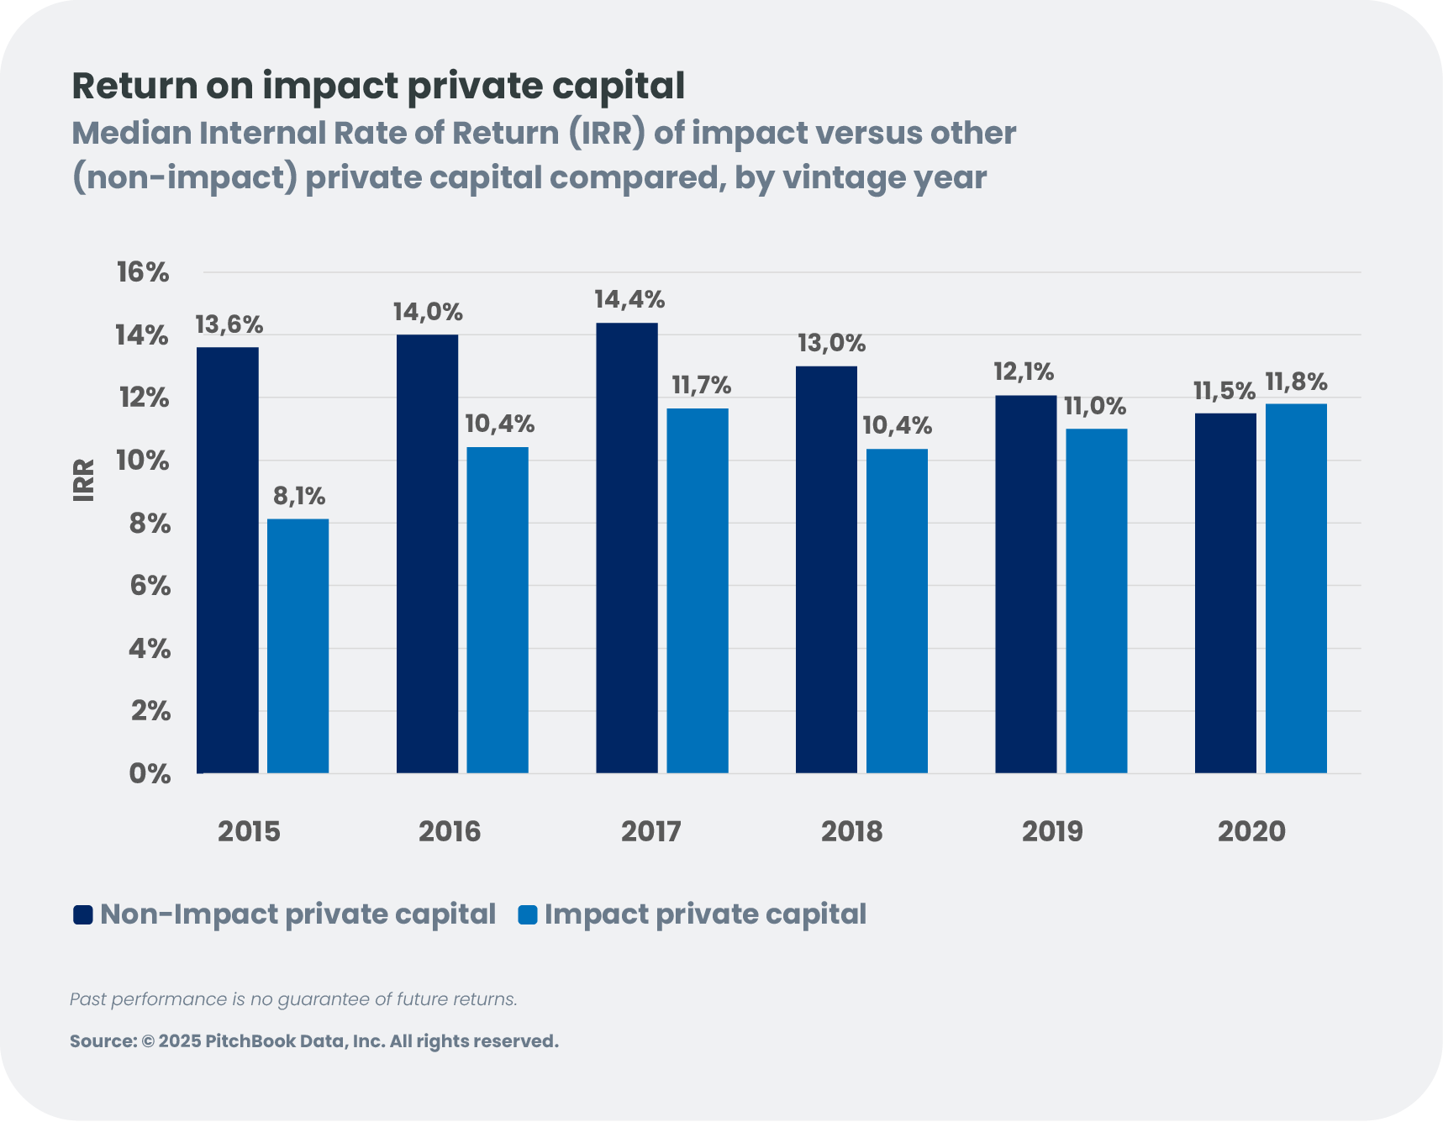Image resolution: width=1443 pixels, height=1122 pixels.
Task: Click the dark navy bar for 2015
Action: [228, 560]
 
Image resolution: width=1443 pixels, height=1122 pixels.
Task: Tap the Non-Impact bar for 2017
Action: [627, 547]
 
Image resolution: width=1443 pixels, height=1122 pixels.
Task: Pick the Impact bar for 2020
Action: [1296, 588]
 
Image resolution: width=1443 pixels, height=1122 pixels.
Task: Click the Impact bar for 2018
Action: [897, 611]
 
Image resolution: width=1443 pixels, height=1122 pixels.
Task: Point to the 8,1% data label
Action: [299, 497]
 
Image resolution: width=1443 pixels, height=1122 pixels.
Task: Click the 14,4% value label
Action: [629, 300]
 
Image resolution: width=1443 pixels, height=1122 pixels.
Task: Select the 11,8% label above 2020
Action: [1296, 383]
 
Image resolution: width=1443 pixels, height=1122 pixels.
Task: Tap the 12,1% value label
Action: [1024, 371]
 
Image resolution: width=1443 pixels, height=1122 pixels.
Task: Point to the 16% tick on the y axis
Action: [143, 272]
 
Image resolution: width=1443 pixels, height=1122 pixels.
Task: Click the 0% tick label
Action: [150, 773]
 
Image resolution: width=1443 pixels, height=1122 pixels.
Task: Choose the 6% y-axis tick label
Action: [150, 586]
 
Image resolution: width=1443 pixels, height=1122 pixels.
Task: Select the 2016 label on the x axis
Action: [450, 831]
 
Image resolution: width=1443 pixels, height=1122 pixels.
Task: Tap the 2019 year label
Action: [1052, 831]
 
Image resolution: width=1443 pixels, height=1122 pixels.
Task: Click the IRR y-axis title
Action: [84, 480]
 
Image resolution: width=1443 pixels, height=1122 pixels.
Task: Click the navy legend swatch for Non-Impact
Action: [82, 914]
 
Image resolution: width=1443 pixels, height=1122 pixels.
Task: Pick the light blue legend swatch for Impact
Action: [528, 914]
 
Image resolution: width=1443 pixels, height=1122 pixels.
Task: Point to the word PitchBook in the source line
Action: [250, 1041]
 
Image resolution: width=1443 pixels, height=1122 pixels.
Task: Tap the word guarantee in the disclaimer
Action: [324, 999]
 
